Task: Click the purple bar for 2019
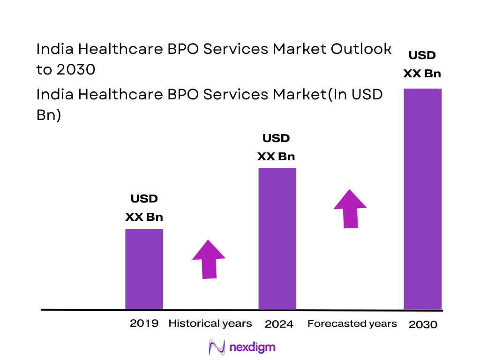tap(144, 269)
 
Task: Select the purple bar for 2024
tap(277, 239)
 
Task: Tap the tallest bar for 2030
tap(422, 199)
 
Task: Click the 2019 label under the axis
tap(144, 323)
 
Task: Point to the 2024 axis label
tap(279, 324)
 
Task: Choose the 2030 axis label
tap(423, 324)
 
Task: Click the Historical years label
tap(210, 323)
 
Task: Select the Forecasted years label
tap(352, 323)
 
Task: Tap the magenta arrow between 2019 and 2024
tap(209, 260)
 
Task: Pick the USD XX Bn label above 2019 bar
tap(144, 208)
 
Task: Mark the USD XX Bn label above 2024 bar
tap(276, 148)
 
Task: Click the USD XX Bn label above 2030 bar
tap(422, 65)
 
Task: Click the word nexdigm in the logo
tap(253, 347)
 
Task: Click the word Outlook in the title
tap(361, 49)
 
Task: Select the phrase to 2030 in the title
tap(66, 69)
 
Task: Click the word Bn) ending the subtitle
tap(49, 115)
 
